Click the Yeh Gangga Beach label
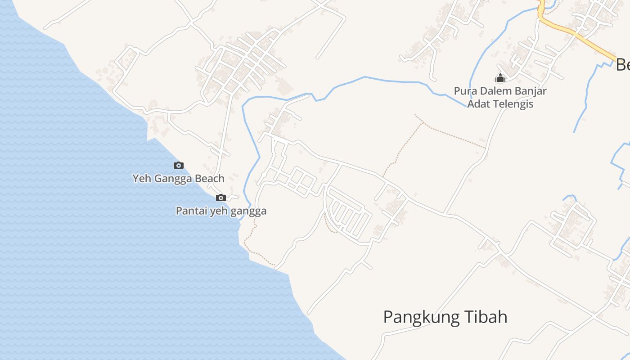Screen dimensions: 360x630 [178, 179]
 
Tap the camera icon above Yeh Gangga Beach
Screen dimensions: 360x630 [179, 166]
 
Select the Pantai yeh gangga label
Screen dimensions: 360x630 [221, 211]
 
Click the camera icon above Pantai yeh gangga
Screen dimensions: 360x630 [220, 198]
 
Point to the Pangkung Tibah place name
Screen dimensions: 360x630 [445, 317]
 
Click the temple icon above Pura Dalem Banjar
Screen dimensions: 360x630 [500, 78]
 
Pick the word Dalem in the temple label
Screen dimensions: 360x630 [491, 91]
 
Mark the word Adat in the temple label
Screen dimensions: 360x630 [477, 104]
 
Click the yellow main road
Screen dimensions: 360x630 [580, 37]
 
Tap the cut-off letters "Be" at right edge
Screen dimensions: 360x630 [623, 66]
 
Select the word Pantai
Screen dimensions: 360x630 [189, 211]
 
